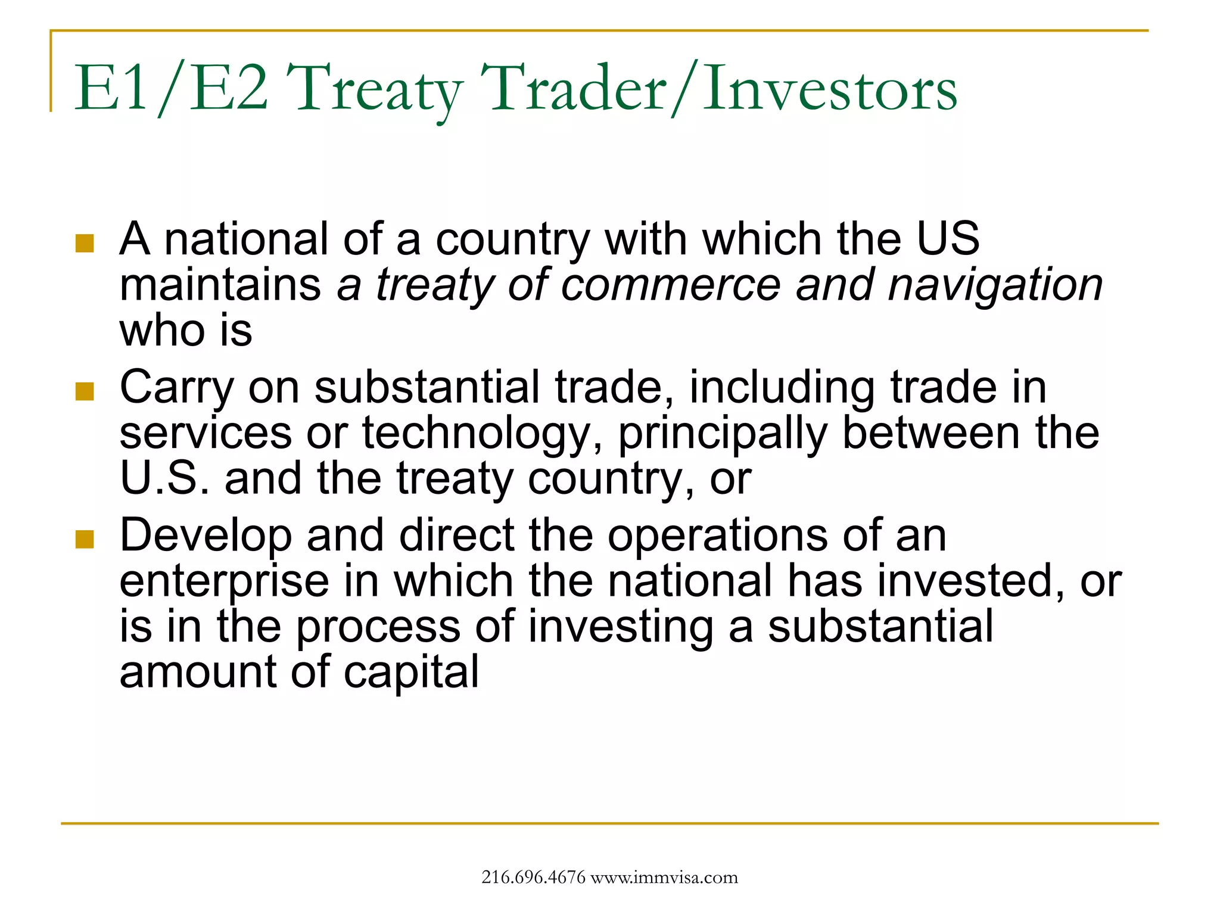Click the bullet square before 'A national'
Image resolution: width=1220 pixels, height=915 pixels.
pos(85,243)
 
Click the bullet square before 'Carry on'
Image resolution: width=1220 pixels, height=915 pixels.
pos(85,391)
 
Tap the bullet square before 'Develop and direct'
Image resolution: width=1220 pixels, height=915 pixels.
pos(85,539)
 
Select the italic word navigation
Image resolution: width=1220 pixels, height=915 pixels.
pos(995,284)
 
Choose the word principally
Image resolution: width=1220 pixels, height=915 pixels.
pos(723,433)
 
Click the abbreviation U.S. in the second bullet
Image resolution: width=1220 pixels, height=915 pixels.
pos(164,478)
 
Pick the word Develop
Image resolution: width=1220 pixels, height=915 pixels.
pos(206,535)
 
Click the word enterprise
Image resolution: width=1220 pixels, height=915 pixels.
pos(224,581)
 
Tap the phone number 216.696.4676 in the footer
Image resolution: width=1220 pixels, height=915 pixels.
pos(533,877)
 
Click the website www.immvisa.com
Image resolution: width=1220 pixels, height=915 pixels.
pos(664,877)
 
